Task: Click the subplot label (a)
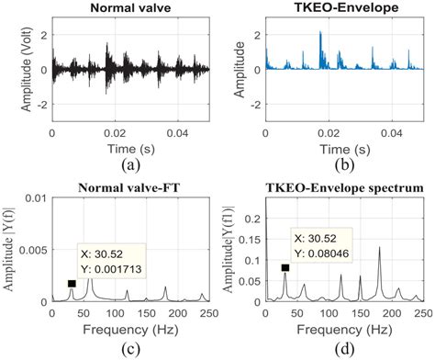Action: click(x=130, y=167)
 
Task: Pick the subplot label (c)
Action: click(x=130, y=350)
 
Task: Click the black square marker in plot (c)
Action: click(x=72, y=284)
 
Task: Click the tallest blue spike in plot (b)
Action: click(x=320, y=33)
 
